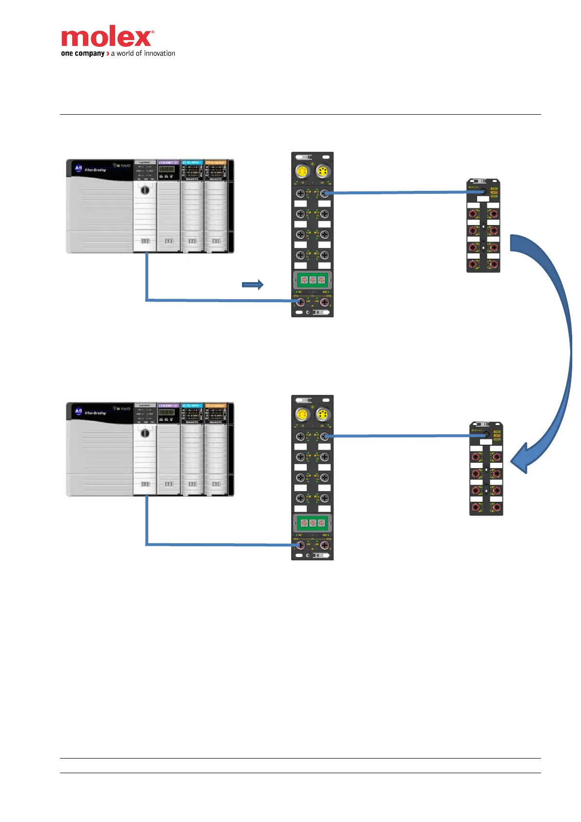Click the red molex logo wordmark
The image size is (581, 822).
(x=107, y=37)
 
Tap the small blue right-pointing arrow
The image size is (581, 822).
(x=253, y=285)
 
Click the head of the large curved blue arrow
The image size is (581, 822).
(x=522, y=459)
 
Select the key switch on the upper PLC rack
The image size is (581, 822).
(x=145, y=190)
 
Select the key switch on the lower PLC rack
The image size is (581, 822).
(x=145, y=433)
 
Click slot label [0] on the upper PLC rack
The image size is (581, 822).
(x=145, y=241)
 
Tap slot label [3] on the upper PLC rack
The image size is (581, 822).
(x=216, y=241)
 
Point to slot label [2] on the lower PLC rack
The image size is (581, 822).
(x=193, y=484)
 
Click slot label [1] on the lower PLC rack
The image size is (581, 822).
(x=169, y=484)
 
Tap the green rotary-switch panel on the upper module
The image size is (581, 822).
(x=312, y=280)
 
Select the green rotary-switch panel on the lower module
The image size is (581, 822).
(x=312, y=523)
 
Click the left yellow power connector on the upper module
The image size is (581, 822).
(x=302, y=171)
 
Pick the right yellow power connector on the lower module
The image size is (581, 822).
(x=322, y=415)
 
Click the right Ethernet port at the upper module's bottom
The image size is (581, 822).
(x=324, y=302)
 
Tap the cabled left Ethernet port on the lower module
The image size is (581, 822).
(x=301, y=545)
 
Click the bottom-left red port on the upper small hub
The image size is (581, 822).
(x=473, y=264)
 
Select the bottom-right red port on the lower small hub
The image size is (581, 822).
(x=497, y=508)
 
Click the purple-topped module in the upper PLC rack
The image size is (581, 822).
(x=169, y=205)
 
